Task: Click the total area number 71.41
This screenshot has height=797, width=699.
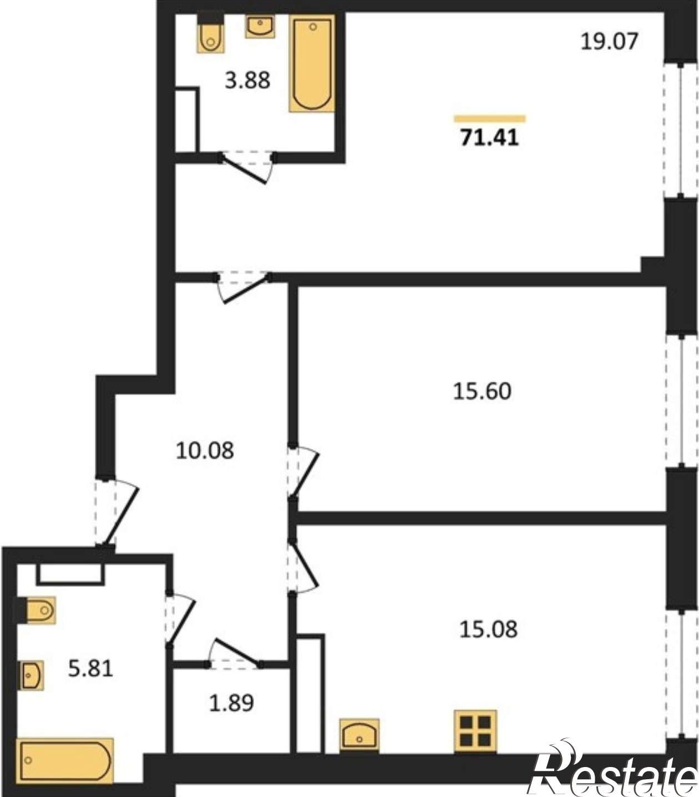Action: (x=489, y=138)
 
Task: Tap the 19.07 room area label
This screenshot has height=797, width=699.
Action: (x=609, y=41)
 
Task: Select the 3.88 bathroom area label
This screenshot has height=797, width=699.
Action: (x=247, y=80)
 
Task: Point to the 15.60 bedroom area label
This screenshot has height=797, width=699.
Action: (x=482, y=391)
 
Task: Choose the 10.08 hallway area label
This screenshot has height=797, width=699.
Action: (x=205, y=451)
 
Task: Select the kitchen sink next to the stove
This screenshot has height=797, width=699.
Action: (x=359, y=735)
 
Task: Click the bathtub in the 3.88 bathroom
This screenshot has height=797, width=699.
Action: (x=312, y=63)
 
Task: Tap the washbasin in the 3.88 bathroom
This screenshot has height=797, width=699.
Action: (x=260, y=26)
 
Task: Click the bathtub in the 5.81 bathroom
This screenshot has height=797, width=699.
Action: (x=65, y=761)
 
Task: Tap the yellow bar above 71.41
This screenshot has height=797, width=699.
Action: (x=490, y=119)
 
